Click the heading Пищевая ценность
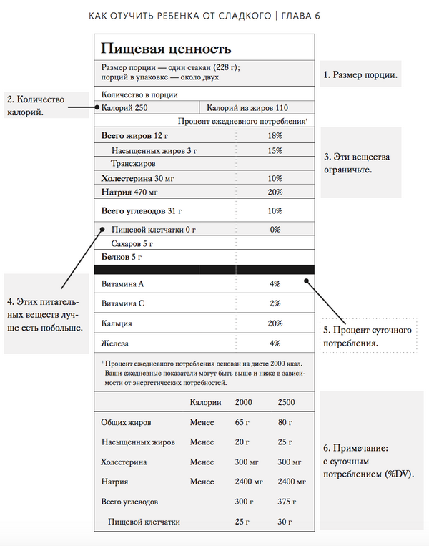(x=166, y=49)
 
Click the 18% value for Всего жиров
(x=275, y=135)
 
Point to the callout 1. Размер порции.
(x=360, y=74)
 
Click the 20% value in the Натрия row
(x=275, y=192)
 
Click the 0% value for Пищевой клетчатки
(x=275, y=230)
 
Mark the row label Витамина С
(x=123, y=303)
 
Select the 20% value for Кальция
(x=275, y=323)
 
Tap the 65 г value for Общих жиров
(x=243, y=422)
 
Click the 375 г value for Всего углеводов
(x=287, y=502)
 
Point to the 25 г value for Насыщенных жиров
(x=285, y=442)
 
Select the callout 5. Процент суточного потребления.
(x=368, y=336)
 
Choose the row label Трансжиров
(x=131, y=164)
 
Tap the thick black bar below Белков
(x=204, y=269)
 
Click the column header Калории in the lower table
(x=206, y=403)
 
